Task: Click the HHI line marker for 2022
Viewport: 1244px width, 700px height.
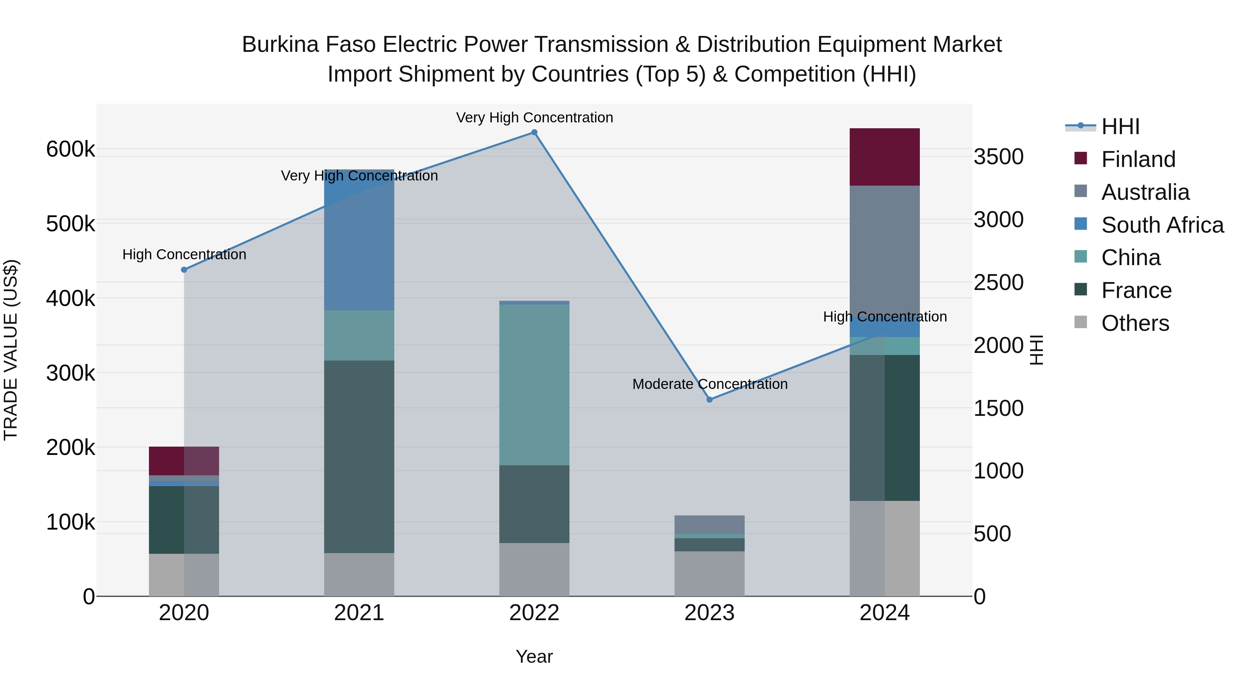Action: (534, 132)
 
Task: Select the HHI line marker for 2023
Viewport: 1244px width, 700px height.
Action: (709, 400)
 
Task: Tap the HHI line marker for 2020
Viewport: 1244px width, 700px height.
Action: (184, 270)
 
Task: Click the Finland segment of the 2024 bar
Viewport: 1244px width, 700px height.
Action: (884, 157)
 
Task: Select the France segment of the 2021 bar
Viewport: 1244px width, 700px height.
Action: (359, 457)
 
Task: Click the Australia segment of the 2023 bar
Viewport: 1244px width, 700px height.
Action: (709, 525)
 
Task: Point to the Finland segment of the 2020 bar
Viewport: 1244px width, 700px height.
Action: (184, 461)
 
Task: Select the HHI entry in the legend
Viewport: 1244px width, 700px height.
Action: (1120, 127)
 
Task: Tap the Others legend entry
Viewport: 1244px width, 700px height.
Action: (1135, 323)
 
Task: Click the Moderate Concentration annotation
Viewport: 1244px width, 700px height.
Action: (709, 384)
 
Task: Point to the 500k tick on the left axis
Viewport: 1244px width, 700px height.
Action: (70, 224)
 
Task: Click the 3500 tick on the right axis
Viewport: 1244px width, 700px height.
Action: (998, 157)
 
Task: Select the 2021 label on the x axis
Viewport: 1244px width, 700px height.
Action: (359, 613)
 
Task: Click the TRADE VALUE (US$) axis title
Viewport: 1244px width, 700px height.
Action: (11, 350)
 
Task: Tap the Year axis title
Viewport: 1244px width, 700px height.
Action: (534, 656)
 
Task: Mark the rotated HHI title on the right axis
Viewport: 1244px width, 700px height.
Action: (1036, 350)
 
